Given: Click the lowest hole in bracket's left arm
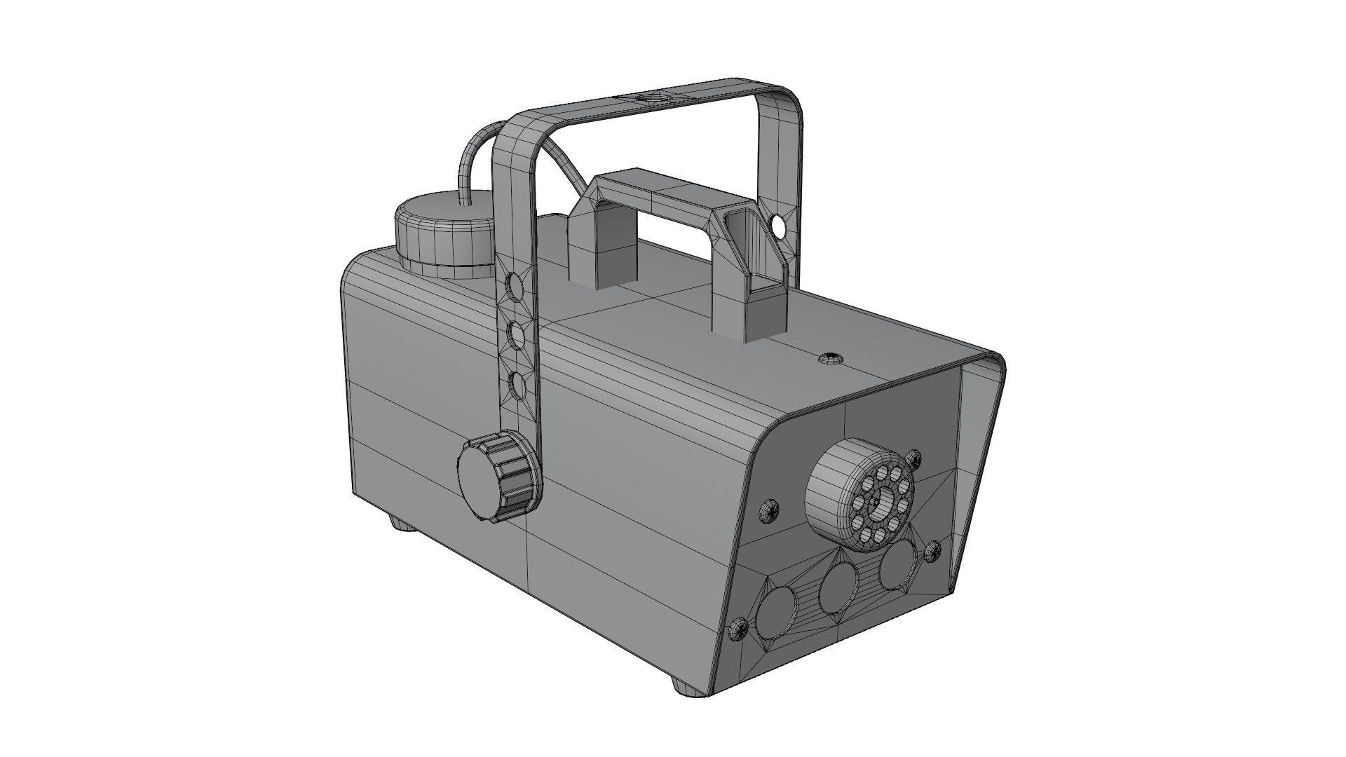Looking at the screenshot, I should coord(518,385).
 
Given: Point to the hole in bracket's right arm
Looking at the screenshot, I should coord(777,226).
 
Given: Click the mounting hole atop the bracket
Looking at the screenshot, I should coord(650,97).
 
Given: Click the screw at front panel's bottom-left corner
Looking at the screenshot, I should coord(738,629).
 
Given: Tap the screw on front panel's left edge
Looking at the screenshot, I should coord(769,511).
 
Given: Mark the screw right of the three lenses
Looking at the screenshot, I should coord(932,552).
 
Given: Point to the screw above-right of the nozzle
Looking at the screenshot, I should coord(913,459).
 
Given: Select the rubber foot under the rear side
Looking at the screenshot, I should coord(401,522).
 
